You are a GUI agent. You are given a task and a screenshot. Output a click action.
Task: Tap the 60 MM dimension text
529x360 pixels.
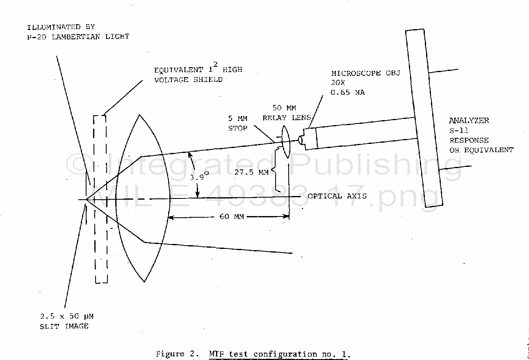click(x=232, y=216)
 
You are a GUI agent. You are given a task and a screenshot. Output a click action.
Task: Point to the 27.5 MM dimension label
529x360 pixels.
click(x=251, y=172)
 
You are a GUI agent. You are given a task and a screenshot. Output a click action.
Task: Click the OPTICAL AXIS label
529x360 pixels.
click(x=337, y=196)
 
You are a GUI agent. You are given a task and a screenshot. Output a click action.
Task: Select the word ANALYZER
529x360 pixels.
click(x=469, y=121)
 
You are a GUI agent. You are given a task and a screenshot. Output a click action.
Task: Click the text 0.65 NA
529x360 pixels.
click(x=348, y=93)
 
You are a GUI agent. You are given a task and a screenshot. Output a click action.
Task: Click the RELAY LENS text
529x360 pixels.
click(x=287, y=118)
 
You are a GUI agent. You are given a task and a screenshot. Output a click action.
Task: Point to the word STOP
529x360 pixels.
click(x=237, y=128)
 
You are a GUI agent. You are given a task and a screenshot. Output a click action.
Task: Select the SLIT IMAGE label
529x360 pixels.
click(x=64, y=326)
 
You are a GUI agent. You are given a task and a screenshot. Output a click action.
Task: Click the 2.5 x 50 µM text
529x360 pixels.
click(x=66, y=317)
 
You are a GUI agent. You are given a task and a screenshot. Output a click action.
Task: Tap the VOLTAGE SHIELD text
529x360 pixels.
click(x=188, y=80)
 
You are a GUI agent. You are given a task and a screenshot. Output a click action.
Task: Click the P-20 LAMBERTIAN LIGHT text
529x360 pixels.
click(x=78, y=36)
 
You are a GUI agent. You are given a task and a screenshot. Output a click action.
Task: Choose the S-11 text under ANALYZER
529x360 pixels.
click(x=459, y=130)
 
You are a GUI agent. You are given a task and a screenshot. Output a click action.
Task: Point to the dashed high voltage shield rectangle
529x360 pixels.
click(x=100, y=199)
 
